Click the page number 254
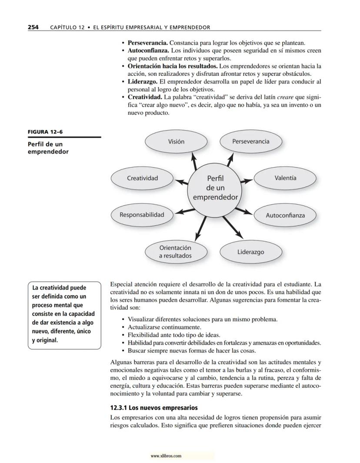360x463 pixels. coord(33,27)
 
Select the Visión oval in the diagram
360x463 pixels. coord(176,142)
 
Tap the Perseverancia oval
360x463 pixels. coord(250,141)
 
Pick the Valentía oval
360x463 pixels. coord(285,178)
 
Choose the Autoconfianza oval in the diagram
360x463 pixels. coord(285,215)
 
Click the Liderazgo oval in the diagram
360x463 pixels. coord(250,252)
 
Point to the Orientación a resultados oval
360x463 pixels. coord(175,252)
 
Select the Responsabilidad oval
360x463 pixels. coord(142,215)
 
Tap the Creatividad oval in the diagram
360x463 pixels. coord(142,178)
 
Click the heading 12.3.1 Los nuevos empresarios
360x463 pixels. coord(154,408)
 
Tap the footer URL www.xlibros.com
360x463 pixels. coord(166,456)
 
